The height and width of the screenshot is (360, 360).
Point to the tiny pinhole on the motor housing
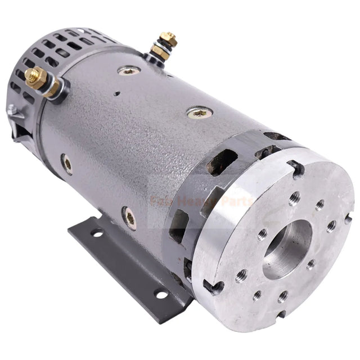[116, 93]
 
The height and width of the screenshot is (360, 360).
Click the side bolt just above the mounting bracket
[128, 217]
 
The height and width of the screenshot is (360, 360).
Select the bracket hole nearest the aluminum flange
[161, 294]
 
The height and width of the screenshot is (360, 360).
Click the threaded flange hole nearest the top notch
[295, 197]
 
